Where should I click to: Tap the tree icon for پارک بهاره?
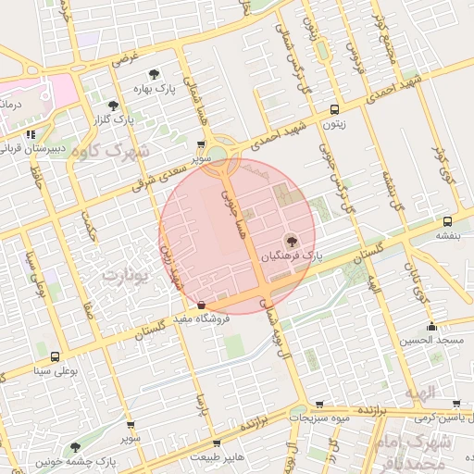[x=155, y=73]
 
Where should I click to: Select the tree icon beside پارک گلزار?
[x=113, y=106]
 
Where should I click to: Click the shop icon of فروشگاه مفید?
[x=202, y=303]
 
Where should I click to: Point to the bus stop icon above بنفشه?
[x=447, y=221]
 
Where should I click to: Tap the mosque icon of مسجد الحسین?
[x=430, y=327]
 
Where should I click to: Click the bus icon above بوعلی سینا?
[x=55, y=356]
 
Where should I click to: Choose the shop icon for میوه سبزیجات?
[x=319, y=404]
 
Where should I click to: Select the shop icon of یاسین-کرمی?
[x=457, y=404]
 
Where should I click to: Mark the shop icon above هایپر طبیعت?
[x=217, y=443]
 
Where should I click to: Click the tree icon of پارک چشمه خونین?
[x=76, y=447]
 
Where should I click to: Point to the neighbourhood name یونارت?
[x=124, y=277]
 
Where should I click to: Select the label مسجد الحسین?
[x=430, y=341]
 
